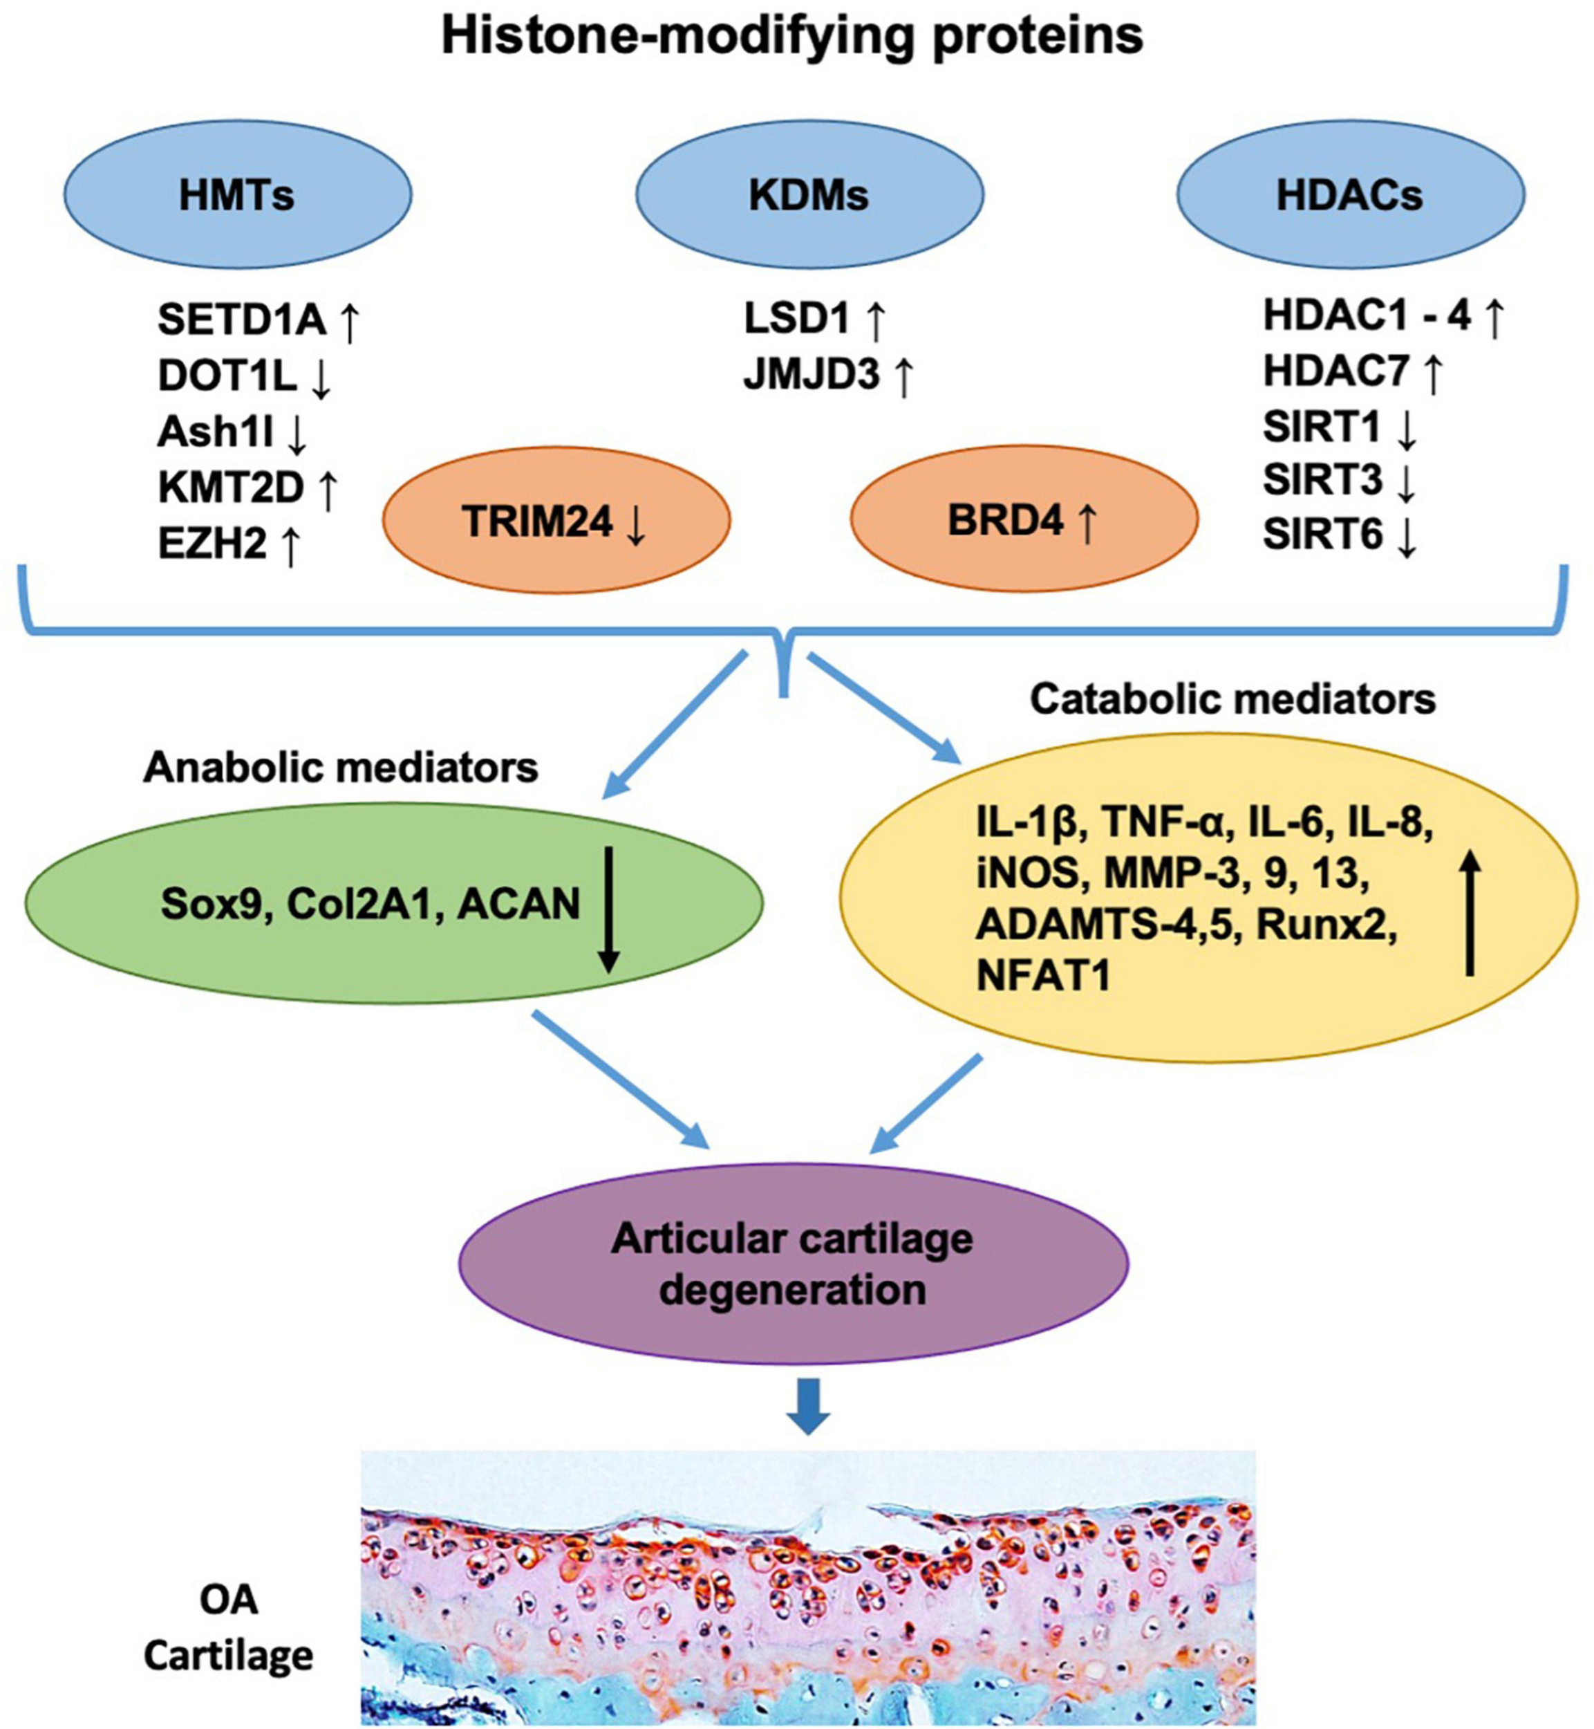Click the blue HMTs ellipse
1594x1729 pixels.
pos(237,195)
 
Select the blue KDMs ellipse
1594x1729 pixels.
pos(809,195)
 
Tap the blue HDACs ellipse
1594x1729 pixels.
pos(1350,195)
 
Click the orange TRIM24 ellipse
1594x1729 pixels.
pos(556,521)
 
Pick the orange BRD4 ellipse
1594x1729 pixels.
pos(1024,521)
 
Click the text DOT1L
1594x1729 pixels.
pos(227,376)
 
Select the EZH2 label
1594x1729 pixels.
pos(212,544)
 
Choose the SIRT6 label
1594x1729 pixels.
pos(1323,534)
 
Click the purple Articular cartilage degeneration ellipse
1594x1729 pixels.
pos(793,1265)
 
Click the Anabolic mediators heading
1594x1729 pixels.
pos(341,767)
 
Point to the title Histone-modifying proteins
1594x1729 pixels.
pos(792,35)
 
